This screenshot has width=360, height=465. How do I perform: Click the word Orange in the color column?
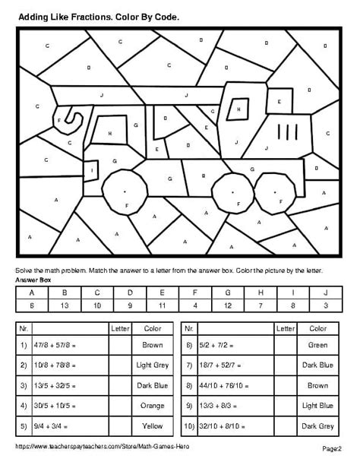pos(153,406)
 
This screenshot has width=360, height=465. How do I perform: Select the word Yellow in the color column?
pos(153,425)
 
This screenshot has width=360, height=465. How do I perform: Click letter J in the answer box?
pos(324,293)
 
